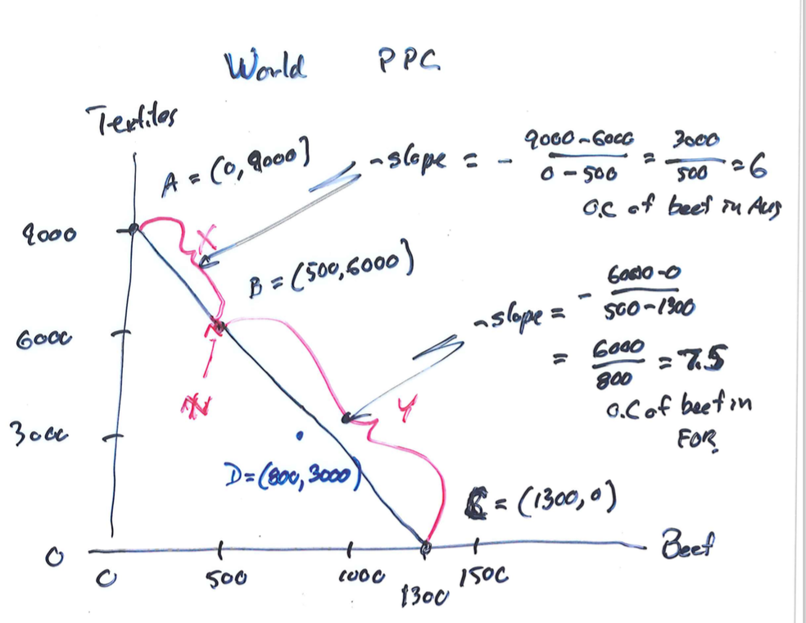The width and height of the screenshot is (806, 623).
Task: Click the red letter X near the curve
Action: pyautogui.click(x=206, y=239)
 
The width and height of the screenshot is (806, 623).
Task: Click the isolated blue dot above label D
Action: pyautogui.click(x=303, y=437)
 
